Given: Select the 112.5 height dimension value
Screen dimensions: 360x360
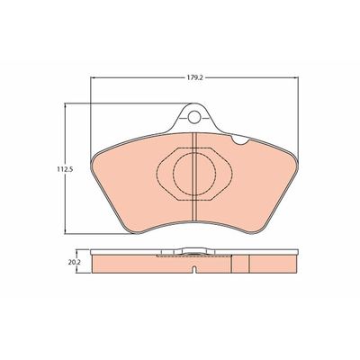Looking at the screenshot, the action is pos(65,169).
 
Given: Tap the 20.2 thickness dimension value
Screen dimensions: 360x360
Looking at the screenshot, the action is pos(73,262).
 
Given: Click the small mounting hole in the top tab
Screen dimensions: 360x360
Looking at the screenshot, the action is pos(194,117).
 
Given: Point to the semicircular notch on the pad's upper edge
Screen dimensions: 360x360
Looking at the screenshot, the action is pos(240,139).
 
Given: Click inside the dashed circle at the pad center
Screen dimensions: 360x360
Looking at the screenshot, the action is pos(194,174).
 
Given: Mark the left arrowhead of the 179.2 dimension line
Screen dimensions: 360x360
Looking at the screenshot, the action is pos(93,77).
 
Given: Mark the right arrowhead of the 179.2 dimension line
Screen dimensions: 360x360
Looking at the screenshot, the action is pos(296,77).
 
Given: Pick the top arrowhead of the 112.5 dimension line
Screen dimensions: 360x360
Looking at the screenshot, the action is pos(65,105).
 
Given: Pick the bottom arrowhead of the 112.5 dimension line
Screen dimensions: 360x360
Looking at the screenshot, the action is pos(65,231).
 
